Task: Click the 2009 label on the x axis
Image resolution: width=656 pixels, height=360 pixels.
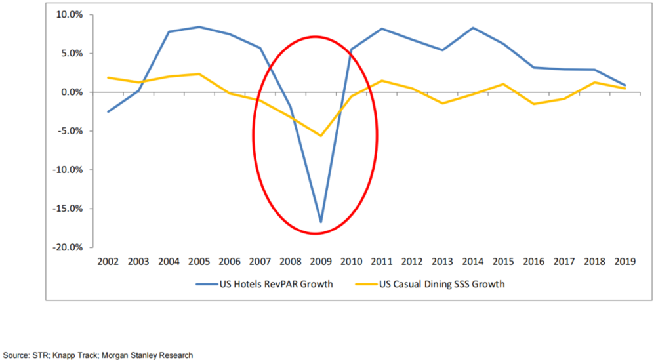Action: point(321,262)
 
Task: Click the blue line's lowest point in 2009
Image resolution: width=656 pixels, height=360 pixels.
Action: point(321,222)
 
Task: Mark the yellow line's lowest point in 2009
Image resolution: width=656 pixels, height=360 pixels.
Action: point(321,136)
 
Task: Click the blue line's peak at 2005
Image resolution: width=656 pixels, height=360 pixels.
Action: point(199,27)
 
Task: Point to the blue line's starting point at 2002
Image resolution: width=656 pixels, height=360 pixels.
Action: point(108,111)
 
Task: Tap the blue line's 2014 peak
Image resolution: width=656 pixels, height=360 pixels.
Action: point(472,28)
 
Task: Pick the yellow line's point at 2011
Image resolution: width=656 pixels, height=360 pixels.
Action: point(382,81)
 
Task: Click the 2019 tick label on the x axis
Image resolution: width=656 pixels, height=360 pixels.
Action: point(625,262)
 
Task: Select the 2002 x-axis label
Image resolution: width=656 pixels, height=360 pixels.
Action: point(108,262)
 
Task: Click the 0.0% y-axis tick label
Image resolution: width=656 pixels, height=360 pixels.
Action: point(72,92)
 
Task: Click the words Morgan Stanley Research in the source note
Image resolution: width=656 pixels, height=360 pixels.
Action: point(157,355)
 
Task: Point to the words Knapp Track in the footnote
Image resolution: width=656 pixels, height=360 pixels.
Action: point(85,355)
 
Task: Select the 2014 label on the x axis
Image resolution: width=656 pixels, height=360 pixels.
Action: point(472,262)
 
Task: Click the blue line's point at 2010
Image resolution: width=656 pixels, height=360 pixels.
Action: point(352,49)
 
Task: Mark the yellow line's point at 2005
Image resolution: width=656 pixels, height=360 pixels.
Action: point(199,74)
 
